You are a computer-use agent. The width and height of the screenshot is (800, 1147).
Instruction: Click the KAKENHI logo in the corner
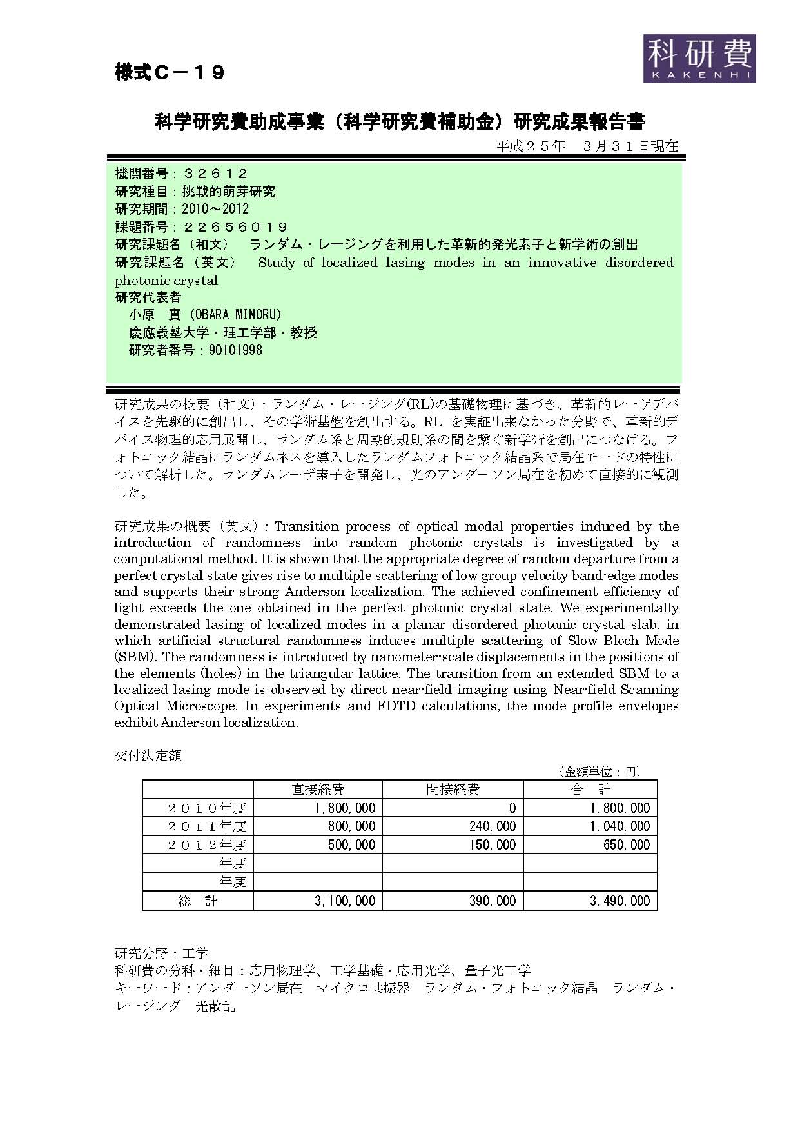click(x=699, y=58)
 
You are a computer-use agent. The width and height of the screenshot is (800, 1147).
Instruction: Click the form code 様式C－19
click(x=170, y=72)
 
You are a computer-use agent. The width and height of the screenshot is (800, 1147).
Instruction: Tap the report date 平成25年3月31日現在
click(x=587, y=146)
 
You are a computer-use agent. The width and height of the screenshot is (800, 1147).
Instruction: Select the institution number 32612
click(x=215, y=174)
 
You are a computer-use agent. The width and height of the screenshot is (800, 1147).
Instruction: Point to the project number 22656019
click(x=235, y=227)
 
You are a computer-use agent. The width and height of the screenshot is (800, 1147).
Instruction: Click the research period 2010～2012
click(x=215, y=209)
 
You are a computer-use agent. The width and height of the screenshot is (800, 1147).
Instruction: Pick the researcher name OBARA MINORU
click(x=240, y=315)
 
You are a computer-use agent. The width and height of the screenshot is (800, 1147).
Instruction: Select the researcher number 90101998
click(x=235, y=350)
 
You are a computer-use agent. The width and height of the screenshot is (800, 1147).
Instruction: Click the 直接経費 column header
click(x=317, y=789)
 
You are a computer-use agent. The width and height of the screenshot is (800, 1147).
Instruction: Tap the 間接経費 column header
click(x=453, y=789)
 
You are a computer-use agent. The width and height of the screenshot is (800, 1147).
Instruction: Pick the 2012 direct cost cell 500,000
click(x=351, y=844)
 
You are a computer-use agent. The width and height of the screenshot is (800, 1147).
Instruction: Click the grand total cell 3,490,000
click(x=620, y=901)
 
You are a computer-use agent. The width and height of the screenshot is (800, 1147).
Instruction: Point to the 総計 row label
click(x=198, y=901)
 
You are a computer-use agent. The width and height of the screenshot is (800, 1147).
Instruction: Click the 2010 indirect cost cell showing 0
click(x=512, y=808)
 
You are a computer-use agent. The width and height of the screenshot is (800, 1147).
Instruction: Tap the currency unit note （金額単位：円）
click(x=599, y=772)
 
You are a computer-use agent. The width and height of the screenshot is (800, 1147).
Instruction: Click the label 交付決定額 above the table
click(x=148, y=755)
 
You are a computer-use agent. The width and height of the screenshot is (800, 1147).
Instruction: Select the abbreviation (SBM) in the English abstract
click(x=135, y=657)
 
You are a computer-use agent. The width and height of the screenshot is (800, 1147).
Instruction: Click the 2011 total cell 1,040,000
click(x=620, y=826)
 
